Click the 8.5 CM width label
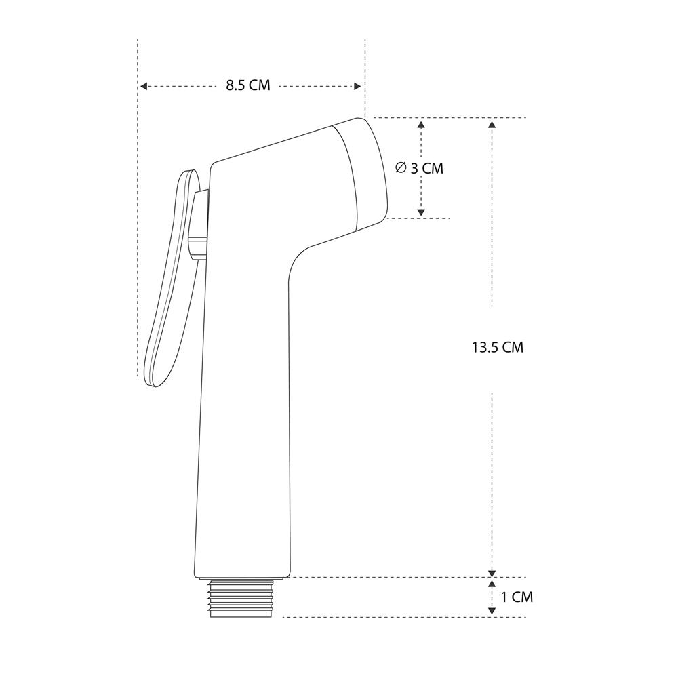[247, 85]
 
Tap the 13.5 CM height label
[497, 347]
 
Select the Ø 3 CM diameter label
[420, 167]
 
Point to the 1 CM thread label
[517, 597]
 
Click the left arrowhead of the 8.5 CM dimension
[144, 87]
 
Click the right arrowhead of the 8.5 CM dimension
[357, 87]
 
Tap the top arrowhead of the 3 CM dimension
[421, 125]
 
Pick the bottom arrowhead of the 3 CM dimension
[421, 212]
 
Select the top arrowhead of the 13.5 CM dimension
[492, 125]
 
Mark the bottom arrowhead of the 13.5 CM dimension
[492, 573]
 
